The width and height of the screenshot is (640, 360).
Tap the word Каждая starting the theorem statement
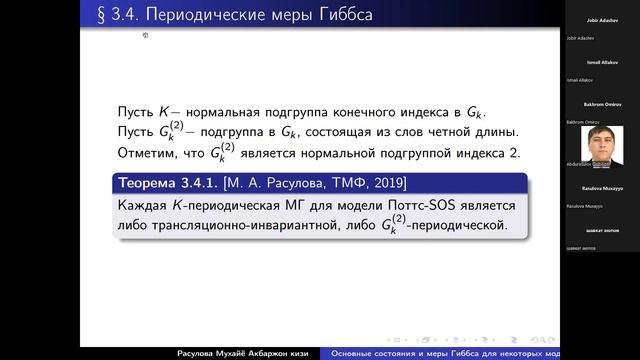[145, 205]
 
